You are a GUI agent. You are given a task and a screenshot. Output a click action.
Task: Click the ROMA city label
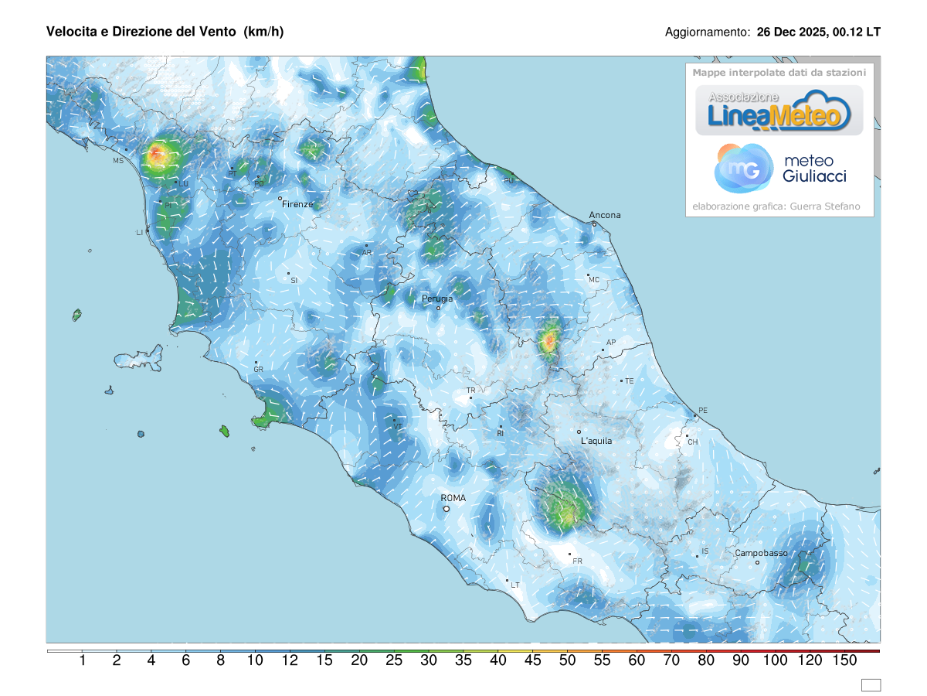click(453, 498)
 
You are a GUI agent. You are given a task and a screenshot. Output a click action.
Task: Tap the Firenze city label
click(297, 204)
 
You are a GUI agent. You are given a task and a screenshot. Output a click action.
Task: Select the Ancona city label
click(605, 215)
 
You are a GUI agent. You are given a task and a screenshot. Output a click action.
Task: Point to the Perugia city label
click(437, 299)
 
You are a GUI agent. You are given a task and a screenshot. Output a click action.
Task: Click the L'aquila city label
click(596, 441)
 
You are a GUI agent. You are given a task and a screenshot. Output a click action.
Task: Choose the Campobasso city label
click(761, 553)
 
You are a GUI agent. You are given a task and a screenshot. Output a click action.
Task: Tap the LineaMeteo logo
click(779, 111)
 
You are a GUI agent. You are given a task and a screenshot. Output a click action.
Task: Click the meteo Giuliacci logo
click(780, 169)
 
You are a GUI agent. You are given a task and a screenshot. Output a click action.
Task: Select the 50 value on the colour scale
click(567, 660)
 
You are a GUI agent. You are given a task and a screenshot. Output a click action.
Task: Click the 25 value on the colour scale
click(393, 660)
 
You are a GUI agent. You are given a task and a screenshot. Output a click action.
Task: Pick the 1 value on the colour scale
click(82, 660)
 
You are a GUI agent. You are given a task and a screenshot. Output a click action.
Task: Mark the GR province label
click(259, 370)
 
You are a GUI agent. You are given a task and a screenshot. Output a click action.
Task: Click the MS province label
click(118, 161)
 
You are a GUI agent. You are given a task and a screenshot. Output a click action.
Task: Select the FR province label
click(577, 561)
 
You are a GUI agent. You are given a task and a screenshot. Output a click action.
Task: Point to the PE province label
click(702, 410)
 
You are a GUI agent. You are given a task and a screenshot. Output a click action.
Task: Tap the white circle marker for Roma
click(447, 509)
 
